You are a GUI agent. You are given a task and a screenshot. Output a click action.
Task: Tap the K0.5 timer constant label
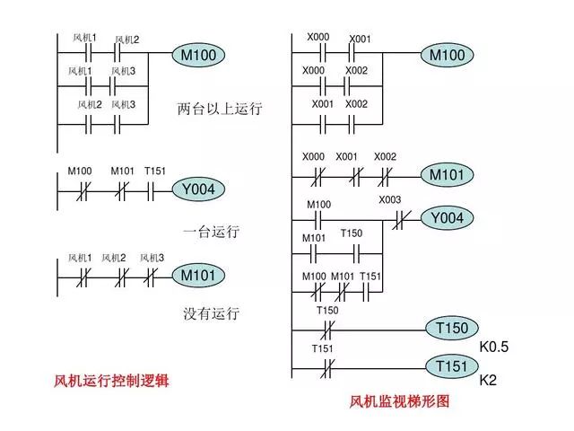coord(493,347)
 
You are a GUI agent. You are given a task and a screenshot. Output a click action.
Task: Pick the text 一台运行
coord(212,232)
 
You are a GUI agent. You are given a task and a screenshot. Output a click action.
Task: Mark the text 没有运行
coord(212,314)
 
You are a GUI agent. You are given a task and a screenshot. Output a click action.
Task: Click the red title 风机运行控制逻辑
coord(111,381)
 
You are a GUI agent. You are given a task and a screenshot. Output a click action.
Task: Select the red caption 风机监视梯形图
coord(399,401)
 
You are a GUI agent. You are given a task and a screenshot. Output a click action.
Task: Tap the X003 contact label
coord(390,199)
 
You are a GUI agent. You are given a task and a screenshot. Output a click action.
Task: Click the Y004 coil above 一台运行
coord(198,189)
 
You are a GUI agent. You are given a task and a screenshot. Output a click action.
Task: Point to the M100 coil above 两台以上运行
coord(197,56)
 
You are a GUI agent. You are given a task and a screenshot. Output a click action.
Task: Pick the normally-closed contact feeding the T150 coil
coord(327,329)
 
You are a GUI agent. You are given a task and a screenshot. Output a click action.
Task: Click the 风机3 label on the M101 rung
coord(151,258)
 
